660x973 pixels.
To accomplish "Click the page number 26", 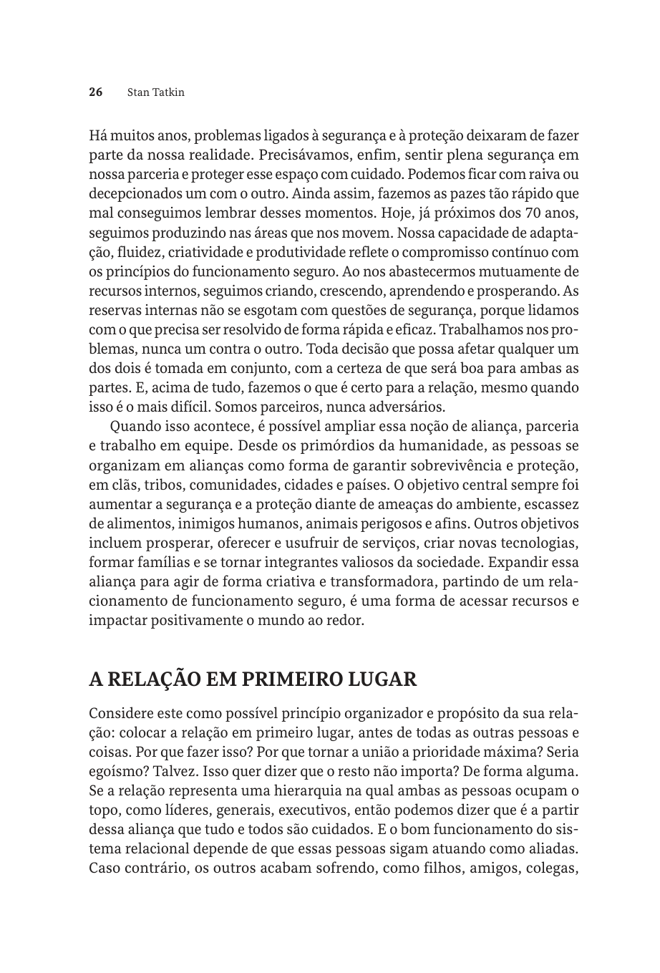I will pyautogui.click(x=96, y=92).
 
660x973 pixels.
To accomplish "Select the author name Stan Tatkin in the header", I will pyautogui.click(x=155, y=92).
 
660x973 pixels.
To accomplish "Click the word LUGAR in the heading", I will pyautogui.click(x=383, y=679).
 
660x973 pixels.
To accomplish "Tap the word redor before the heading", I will pyautogui.click(x=347, y=621).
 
